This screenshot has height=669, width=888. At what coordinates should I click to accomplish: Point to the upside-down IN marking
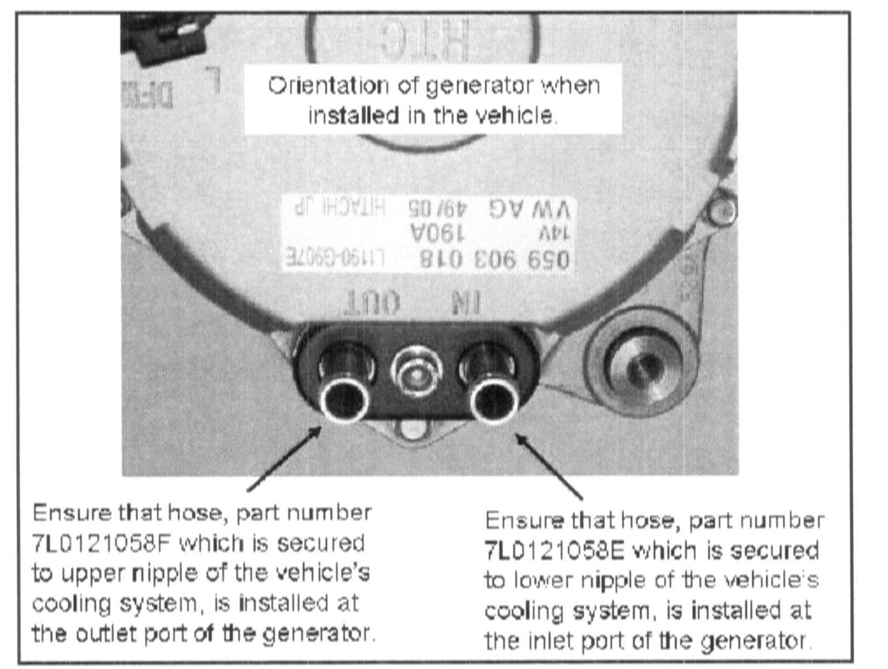[x=465, y=303]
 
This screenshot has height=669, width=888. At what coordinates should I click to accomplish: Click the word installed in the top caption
[x=353, y=116]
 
